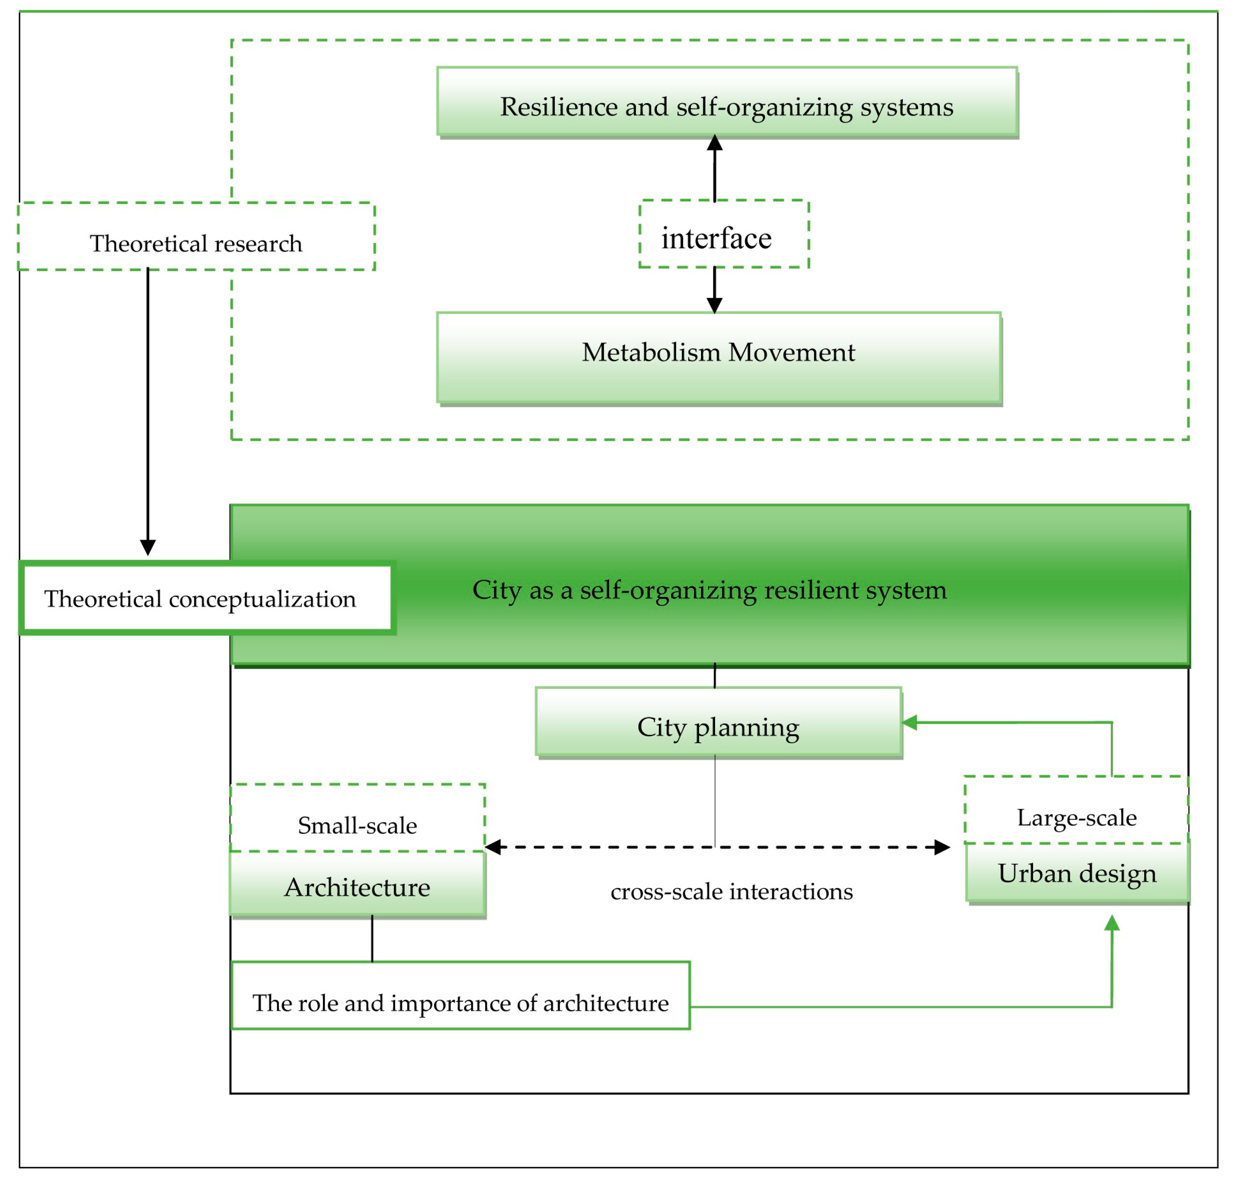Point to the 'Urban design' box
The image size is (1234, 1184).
tap(1077, 872)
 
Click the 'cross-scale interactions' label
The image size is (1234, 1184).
tap(731, 891)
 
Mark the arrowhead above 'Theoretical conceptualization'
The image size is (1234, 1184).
tap(148, 547)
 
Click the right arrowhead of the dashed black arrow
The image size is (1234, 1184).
tap(942, 847)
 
